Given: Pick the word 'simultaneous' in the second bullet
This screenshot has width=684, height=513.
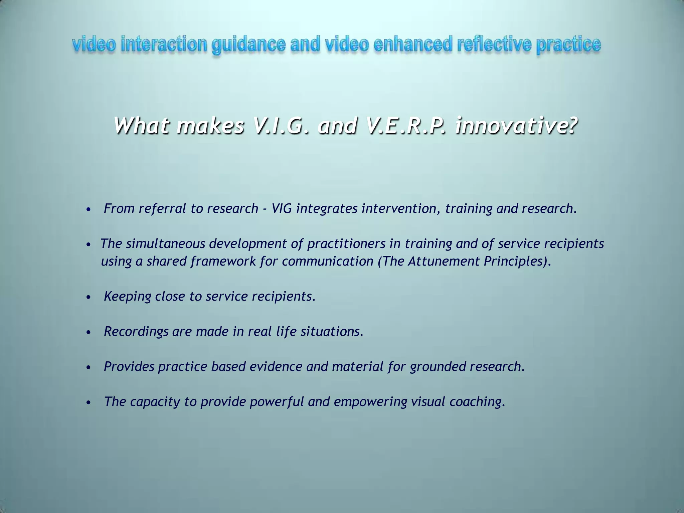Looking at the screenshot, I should point(167,243).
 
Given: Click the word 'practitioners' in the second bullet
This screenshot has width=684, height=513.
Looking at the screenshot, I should point(346,243).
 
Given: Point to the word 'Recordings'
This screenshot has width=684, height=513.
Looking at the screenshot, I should point(136,331).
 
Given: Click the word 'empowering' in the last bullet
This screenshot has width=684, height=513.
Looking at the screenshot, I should point(370,401).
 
